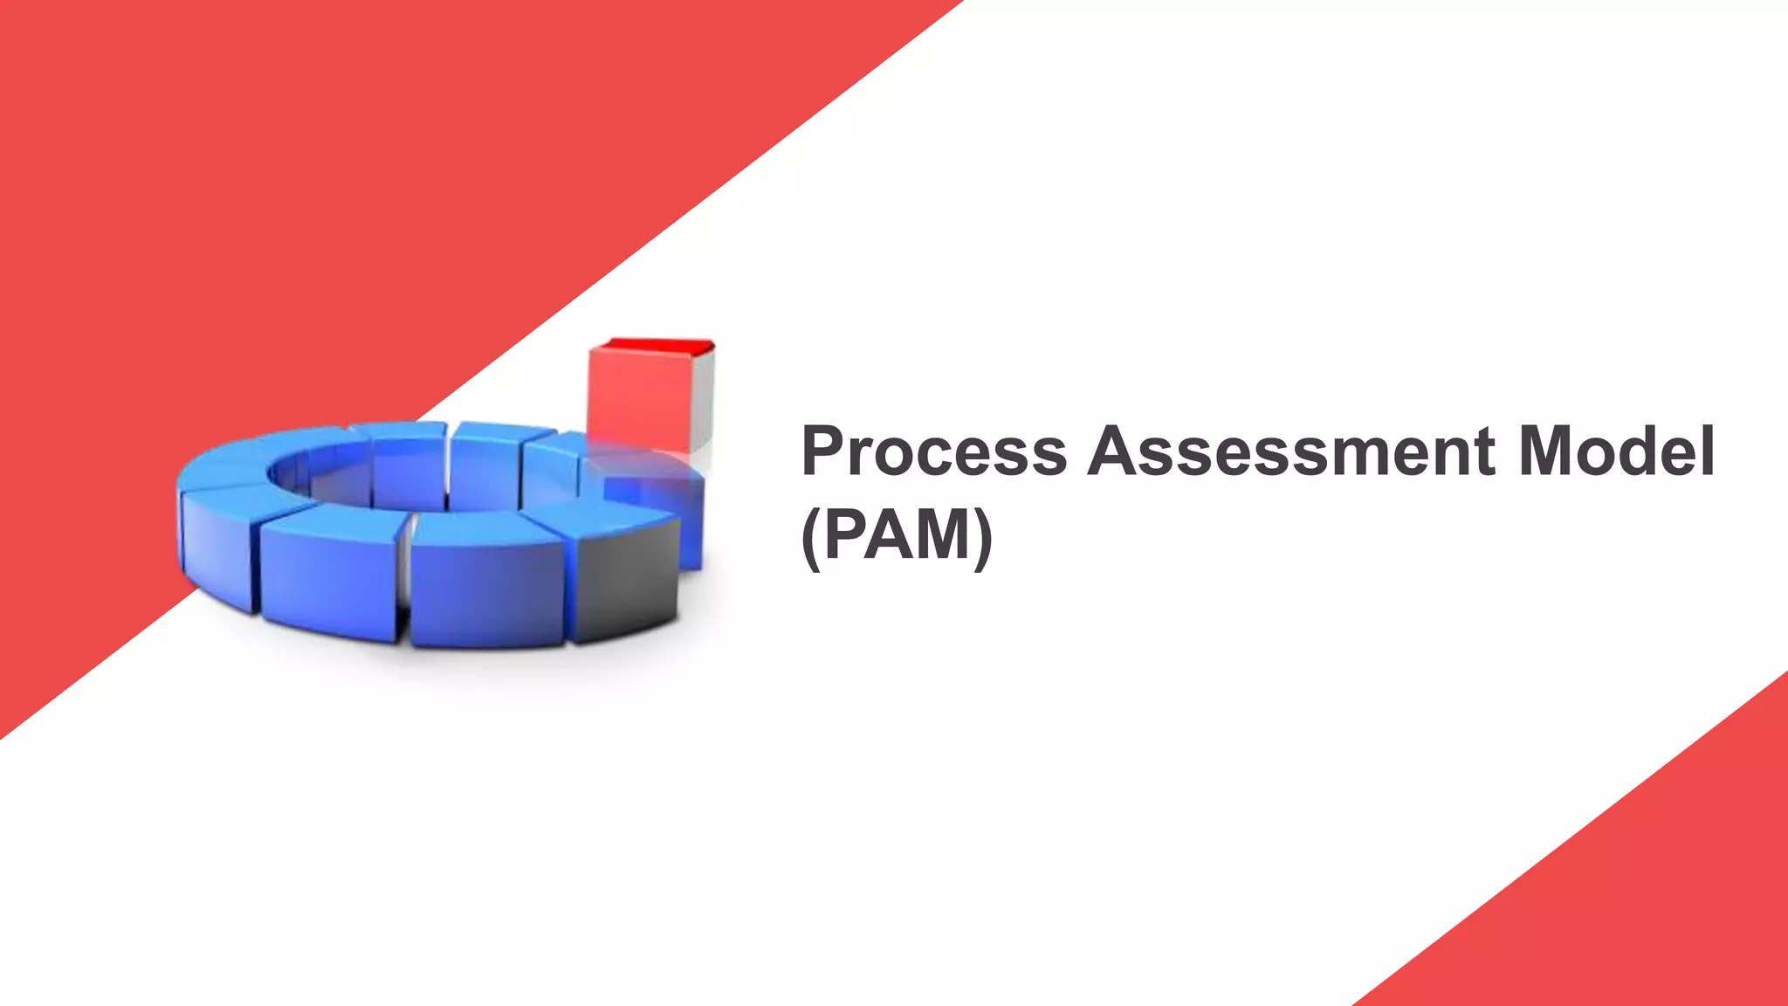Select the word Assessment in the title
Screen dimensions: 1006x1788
point(1292,451)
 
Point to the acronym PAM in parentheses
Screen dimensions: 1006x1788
point(897,534)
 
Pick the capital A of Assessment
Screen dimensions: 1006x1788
point(1116,451)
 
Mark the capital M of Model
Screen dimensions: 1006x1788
point(1551,451)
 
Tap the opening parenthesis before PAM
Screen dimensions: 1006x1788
point(810,536)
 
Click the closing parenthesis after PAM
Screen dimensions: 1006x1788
point(983,536)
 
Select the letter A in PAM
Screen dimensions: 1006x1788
point(891,534)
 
